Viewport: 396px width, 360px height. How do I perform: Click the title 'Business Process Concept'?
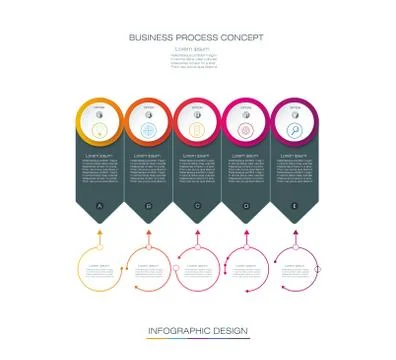pyautogui.click(x=197, y=38)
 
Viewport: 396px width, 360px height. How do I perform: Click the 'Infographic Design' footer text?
pyautogui.click(x=197, y=330)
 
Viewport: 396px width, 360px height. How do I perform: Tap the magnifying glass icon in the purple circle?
pyautogui.click(x=296, y=130)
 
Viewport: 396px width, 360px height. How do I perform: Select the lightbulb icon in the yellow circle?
pyautogui.click(x=99, y=130)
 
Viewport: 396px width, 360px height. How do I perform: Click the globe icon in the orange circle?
pyautogui.click(x=148, y=130)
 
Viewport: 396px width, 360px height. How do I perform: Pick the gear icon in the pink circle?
pyautogui.click(x=247, y=130)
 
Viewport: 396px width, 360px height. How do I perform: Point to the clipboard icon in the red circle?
pyautogui.click(x=197, y=130)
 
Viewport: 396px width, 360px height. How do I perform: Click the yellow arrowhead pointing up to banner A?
pyautogui.click(x=99, y=232)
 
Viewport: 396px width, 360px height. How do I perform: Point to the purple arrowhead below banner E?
pyautogui.click(x=296, y=232)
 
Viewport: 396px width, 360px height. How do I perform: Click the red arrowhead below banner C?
pyautogui.click(x=197, y=232)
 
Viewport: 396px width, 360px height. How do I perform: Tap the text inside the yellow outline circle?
pyautogui.click(x=100, y=270)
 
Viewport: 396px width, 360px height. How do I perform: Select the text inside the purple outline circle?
pyautogui.click(x=296, y=270)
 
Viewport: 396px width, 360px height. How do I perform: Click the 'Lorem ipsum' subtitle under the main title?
pyautogui.click(x=197, y=49)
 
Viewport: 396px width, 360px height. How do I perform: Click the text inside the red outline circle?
pyautogui.click(x=198, y=270)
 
